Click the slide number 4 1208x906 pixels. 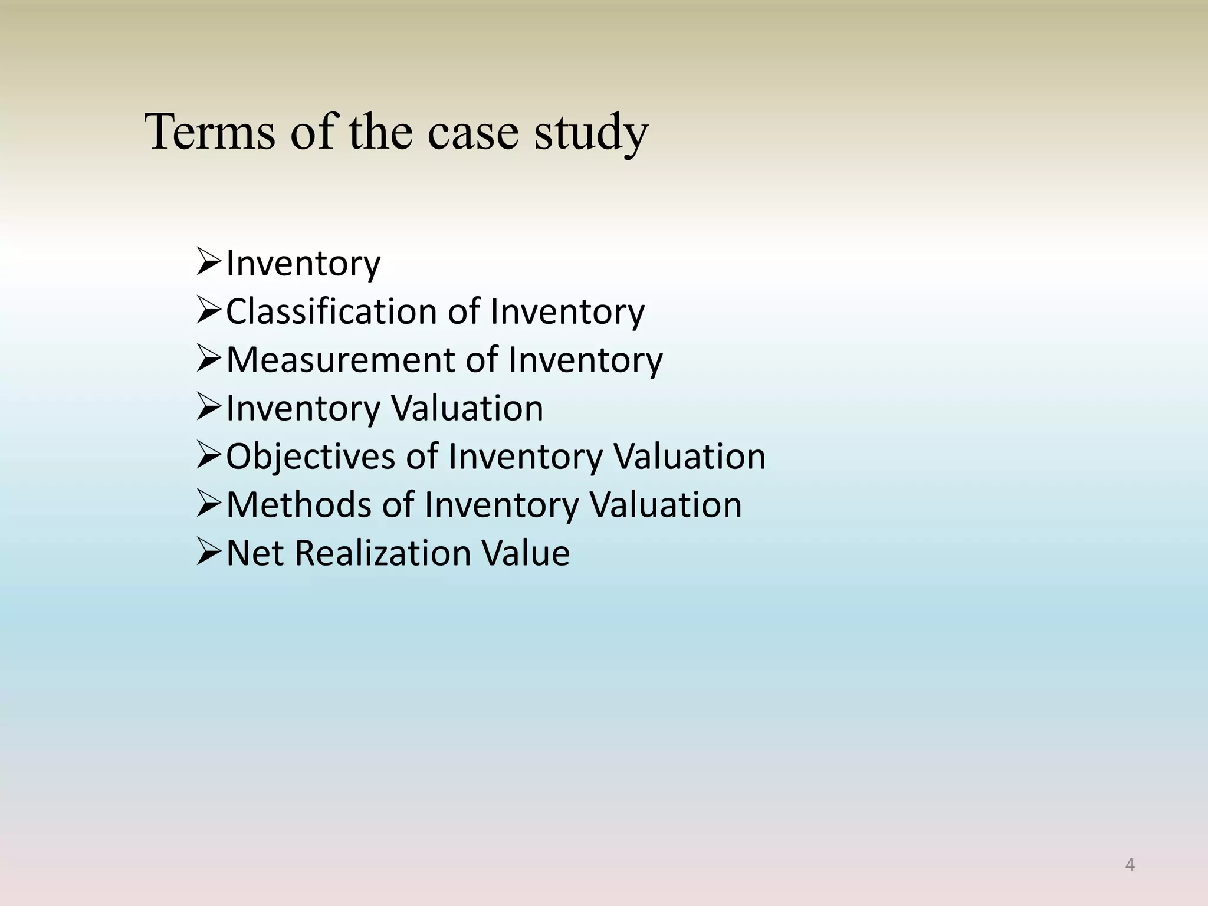[1130, 865]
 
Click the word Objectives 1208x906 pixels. [310, 457]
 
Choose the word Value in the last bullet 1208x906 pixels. [526, 553]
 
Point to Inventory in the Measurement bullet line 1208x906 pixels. [585, 360]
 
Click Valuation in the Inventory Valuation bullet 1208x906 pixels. [467, 408]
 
